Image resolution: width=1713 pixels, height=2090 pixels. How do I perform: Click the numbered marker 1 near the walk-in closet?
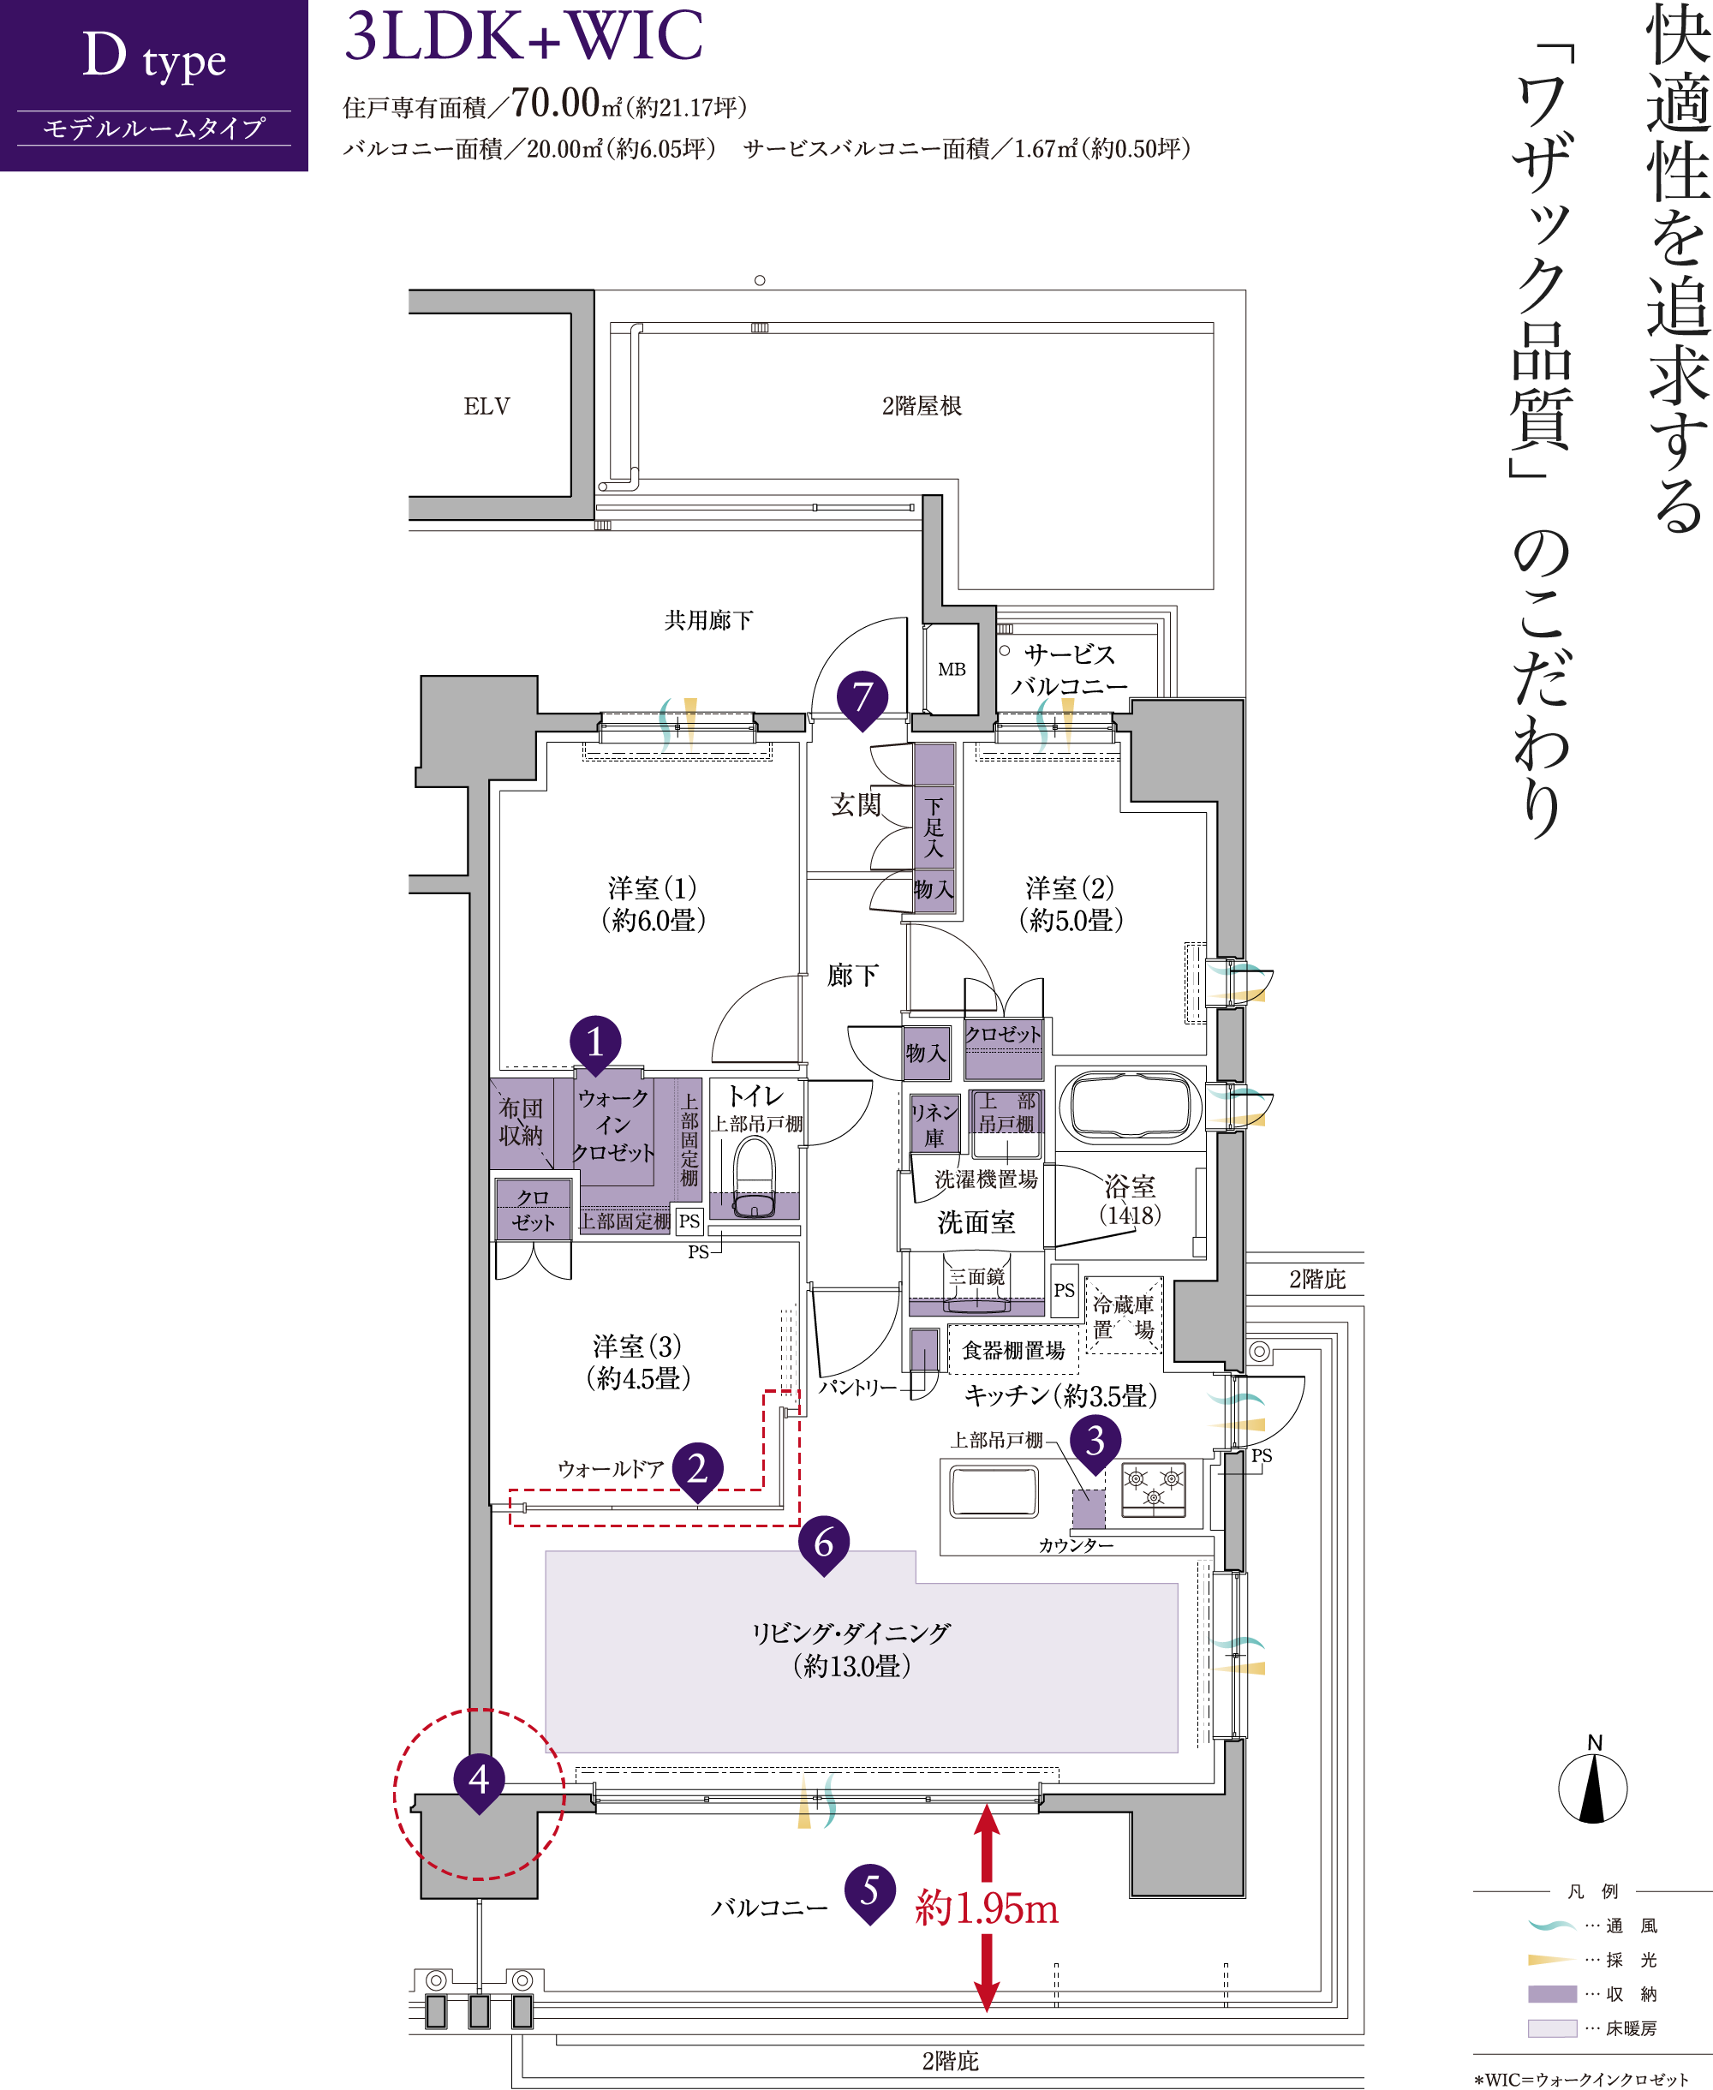[595, 1044]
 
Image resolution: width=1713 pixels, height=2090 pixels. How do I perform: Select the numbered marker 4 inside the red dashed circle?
[480, 1781]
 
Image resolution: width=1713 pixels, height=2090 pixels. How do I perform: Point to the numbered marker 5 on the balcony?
[869, 1891]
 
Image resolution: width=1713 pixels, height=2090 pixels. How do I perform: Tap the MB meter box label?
[952, 669]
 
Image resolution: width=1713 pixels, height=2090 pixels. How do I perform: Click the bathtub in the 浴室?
[1130, 1105]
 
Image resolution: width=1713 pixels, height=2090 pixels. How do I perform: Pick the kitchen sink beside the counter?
[994, 1491]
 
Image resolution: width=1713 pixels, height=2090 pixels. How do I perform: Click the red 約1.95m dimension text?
[987, 1908]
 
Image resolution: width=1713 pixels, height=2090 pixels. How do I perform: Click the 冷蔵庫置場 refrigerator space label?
[1123, 1317]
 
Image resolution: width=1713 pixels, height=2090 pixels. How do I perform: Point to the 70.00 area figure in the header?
[556, 103]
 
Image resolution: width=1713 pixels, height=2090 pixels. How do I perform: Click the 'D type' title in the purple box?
[154, 57]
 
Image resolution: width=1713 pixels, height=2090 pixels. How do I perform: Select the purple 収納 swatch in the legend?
[1552, 1993]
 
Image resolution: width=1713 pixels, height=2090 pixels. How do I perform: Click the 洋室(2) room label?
[1071, 905]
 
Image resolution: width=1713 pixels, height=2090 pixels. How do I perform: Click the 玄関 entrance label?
[856, 805]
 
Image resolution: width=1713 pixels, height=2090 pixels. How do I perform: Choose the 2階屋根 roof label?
[922, 405]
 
